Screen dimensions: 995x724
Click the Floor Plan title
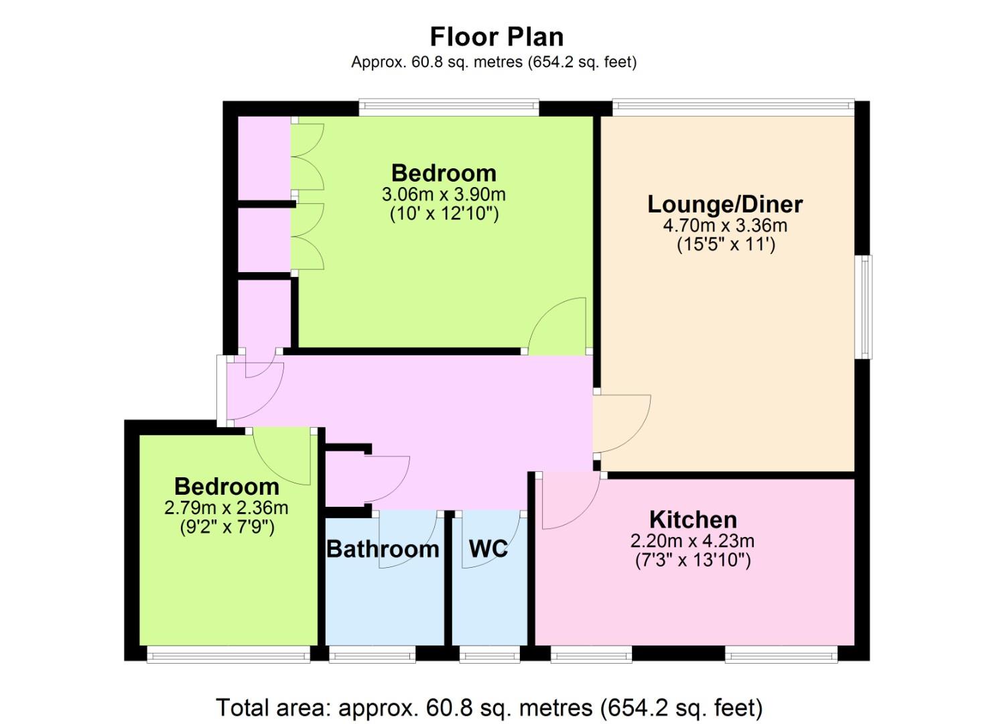click(496, 37)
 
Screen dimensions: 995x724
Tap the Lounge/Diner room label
click(725, 204)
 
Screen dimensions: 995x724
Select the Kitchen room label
click(693, 519)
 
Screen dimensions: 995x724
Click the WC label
click(488, 548)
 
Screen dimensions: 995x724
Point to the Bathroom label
click(383, 549)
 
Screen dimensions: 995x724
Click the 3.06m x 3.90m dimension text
click(444, 194)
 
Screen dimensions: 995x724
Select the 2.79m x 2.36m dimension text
click(226, 507)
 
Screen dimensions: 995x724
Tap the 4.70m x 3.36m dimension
click(725, 225)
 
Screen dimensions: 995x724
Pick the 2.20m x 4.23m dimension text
click(693, 541)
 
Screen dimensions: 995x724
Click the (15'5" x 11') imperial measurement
click(726, 245)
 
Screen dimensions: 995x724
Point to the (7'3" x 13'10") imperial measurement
click(693, 560)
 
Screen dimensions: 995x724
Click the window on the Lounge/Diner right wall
click(864, 306)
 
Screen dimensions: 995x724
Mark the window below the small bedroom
click(228, 655)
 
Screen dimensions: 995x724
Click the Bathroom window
click(373, 655)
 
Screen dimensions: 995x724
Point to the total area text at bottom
click(489, 707)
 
